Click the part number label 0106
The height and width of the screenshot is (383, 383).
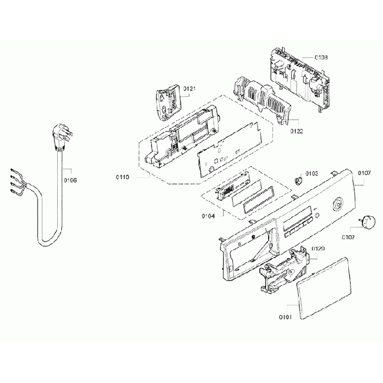70,180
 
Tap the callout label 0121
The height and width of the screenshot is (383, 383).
189,88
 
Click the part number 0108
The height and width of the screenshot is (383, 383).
321,57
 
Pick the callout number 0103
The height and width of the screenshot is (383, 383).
312,174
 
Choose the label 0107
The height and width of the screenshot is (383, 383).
364,173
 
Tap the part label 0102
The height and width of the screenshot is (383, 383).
349,237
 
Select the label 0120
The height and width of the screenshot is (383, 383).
318,249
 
